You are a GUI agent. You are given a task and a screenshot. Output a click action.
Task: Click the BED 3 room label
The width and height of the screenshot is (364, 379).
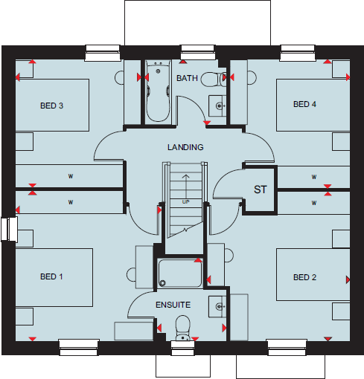tap(51, 106)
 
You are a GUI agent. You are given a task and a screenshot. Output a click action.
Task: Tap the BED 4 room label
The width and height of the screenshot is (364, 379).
tap(304, 104)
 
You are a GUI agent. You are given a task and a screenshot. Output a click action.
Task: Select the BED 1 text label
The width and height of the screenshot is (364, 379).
tap(51, 277)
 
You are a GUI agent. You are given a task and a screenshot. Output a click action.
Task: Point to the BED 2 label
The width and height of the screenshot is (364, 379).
tap(304, 277)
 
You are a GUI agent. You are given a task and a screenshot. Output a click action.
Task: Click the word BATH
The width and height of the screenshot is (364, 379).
tap(186, 78)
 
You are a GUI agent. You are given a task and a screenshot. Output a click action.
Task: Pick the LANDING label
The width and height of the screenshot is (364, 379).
tap(185, 147)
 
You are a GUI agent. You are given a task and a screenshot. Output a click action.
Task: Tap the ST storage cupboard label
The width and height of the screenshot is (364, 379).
tap(260, 190)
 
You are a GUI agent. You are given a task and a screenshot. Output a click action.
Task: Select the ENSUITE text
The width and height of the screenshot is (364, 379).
tap(173, 305)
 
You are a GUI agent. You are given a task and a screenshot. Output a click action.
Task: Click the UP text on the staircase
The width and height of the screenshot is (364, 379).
tap(185, 201)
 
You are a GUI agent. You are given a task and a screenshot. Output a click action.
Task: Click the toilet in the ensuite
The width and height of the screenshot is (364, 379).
tap(182, 325)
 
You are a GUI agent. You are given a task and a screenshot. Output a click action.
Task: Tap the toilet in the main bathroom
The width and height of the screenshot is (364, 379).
tap(211, 79)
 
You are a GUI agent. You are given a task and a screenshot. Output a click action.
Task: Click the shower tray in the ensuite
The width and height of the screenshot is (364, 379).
tap(180, 273)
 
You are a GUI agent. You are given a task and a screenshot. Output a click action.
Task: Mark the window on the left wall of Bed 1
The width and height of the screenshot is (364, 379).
tap(8, 229)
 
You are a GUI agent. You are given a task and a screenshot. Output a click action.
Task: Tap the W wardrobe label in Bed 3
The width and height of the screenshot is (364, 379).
tap(71, 176)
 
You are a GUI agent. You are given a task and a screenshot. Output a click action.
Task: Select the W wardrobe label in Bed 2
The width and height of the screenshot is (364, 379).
tap(313, 201)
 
